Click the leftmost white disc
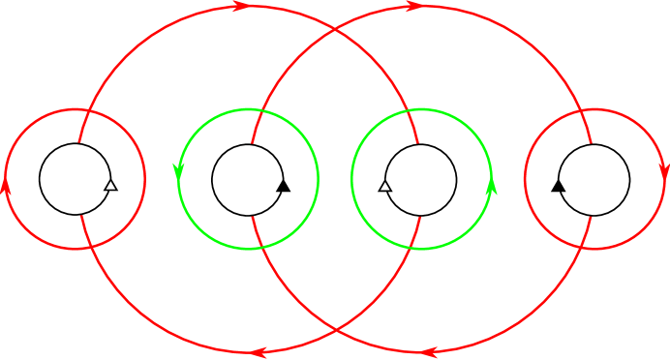click(x=75, y=179)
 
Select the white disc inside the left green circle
click(x=247, y=179)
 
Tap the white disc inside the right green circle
click(x=420, y=179)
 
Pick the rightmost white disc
click(x=594, y=179)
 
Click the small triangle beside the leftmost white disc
click(x=109, y=185)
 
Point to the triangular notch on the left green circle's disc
click(x=280, y=185)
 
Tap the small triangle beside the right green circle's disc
click(x=385, y=185)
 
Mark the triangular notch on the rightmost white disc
click(x=562, y=185)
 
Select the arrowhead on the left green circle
click(x=178, y=171)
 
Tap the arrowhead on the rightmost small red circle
click(x=664, y=171)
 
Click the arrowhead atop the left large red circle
click(x=240, y=6)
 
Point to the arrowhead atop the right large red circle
click(x=413, y=6)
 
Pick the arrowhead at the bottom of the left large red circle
click(x=258, y=352)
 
